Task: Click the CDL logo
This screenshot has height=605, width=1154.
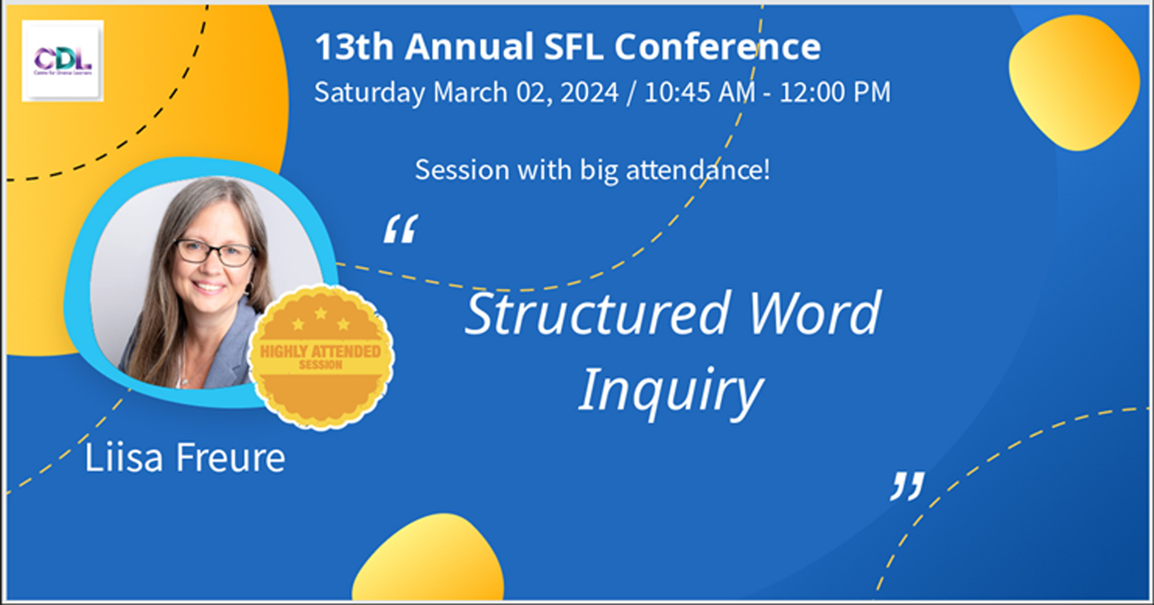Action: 63,60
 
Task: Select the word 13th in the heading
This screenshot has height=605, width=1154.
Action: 354,47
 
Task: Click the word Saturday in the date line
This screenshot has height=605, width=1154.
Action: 370,93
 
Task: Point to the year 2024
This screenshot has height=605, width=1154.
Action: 589,93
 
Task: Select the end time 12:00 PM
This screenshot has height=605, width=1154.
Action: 835,93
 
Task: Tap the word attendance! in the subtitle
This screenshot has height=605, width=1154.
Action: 698,170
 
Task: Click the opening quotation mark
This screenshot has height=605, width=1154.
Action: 401,229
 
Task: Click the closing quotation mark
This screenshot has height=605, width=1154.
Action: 907,486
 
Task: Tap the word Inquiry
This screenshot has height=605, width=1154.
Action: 670,391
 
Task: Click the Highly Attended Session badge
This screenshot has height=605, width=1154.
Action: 321,358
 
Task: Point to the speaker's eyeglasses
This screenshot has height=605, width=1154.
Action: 215,252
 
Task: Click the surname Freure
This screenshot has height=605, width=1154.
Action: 230,458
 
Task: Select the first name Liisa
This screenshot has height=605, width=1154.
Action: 124,458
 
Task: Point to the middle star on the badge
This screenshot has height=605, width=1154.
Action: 321,313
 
